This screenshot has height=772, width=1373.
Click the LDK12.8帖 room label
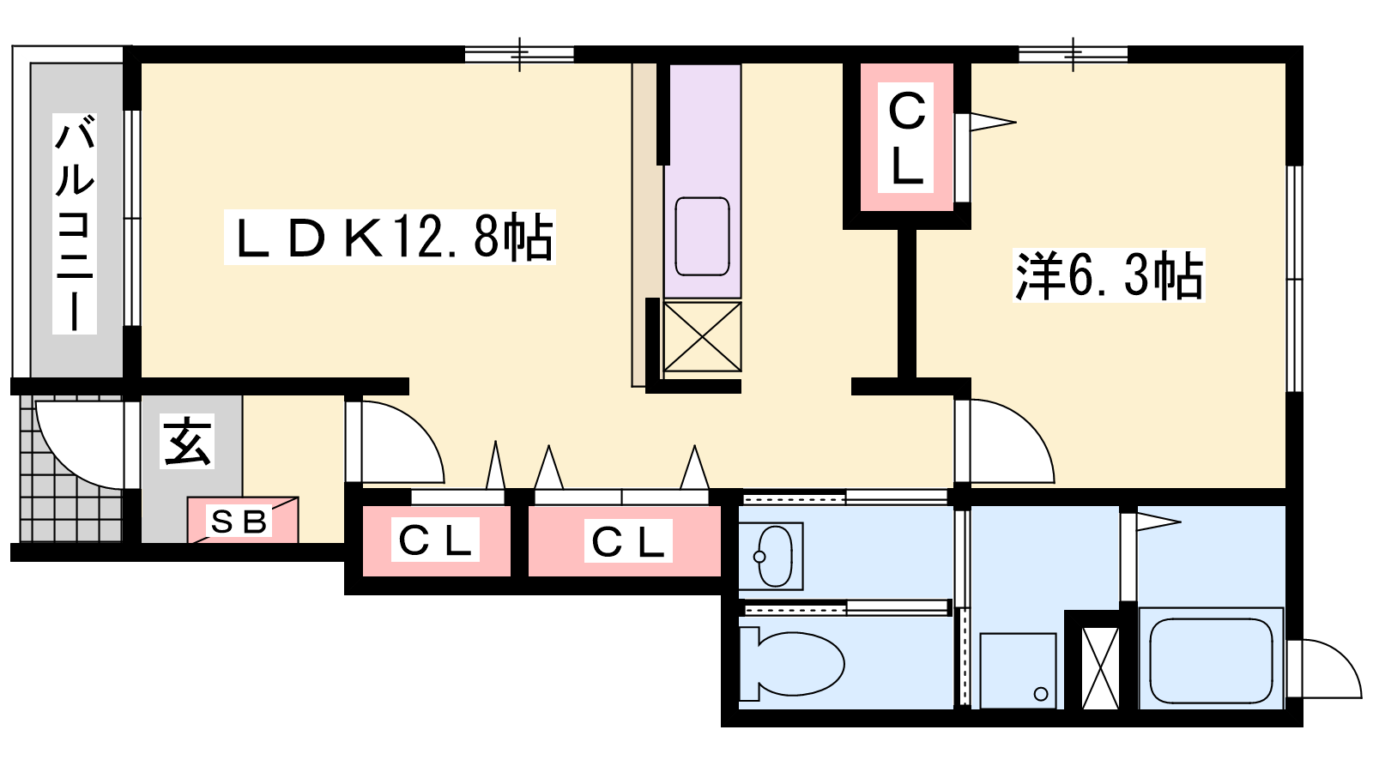390,237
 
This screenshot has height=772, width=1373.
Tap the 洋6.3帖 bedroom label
1109,275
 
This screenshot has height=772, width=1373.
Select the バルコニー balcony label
75,224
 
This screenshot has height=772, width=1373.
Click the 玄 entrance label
187,441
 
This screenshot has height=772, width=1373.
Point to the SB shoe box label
239,522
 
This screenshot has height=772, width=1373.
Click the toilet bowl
793,664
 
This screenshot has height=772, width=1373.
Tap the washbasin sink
771,557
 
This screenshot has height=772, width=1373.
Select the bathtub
1211,660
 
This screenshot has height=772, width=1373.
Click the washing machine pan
1018,671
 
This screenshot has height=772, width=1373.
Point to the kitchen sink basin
702,237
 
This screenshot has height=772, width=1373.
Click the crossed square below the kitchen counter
703,336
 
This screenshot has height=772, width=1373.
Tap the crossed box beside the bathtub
1101,667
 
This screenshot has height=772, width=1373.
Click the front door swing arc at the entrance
80,445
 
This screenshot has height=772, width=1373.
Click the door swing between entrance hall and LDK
402,441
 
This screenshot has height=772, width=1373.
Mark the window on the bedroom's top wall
1074,55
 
